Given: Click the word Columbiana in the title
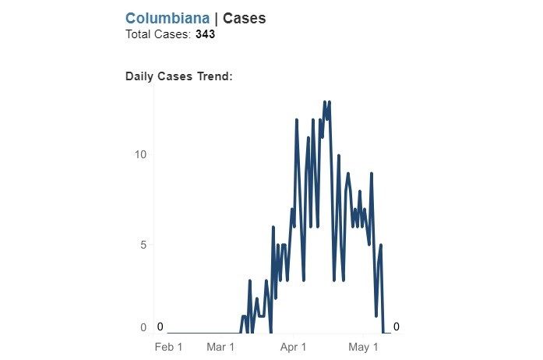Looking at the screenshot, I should click(167, 18).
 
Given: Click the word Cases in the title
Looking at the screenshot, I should click(244, 18).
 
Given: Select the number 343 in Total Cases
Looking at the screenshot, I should click(205, 35).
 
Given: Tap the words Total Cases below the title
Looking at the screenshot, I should click(157, 35).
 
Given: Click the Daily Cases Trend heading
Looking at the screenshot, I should click(179, 76).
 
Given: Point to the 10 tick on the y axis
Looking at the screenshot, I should click(140, 154).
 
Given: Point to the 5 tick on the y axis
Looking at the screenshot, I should click(143, 245).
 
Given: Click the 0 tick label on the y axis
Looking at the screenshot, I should click(143, 327).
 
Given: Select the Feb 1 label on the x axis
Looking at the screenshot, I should click(168, 346).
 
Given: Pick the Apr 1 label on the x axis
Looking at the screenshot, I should click(294, 346).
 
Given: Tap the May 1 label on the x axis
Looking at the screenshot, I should click(364, 346).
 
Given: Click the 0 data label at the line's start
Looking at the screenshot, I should click(160, 326).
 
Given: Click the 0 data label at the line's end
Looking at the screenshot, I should click(396, 326).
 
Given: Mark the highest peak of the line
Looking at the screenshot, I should click(324, 102).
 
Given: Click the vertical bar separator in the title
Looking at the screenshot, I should click(216, 18).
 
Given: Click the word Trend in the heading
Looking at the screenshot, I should click(214, 76).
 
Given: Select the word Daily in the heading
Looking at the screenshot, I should click(140, 76).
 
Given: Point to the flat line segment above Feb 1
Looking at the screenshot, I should click(187, 334).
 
